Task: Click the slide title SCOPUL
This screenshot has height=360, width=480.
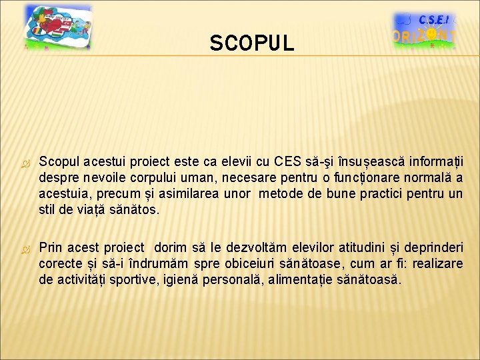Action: (251, 44)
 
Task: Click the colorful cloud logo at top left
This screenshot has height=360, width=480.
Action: (57, 29)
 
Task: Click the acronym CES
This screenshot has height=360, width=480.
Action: (288, 162)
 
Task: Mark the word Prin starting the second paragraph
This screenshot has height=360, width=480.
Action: (51, 248)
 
